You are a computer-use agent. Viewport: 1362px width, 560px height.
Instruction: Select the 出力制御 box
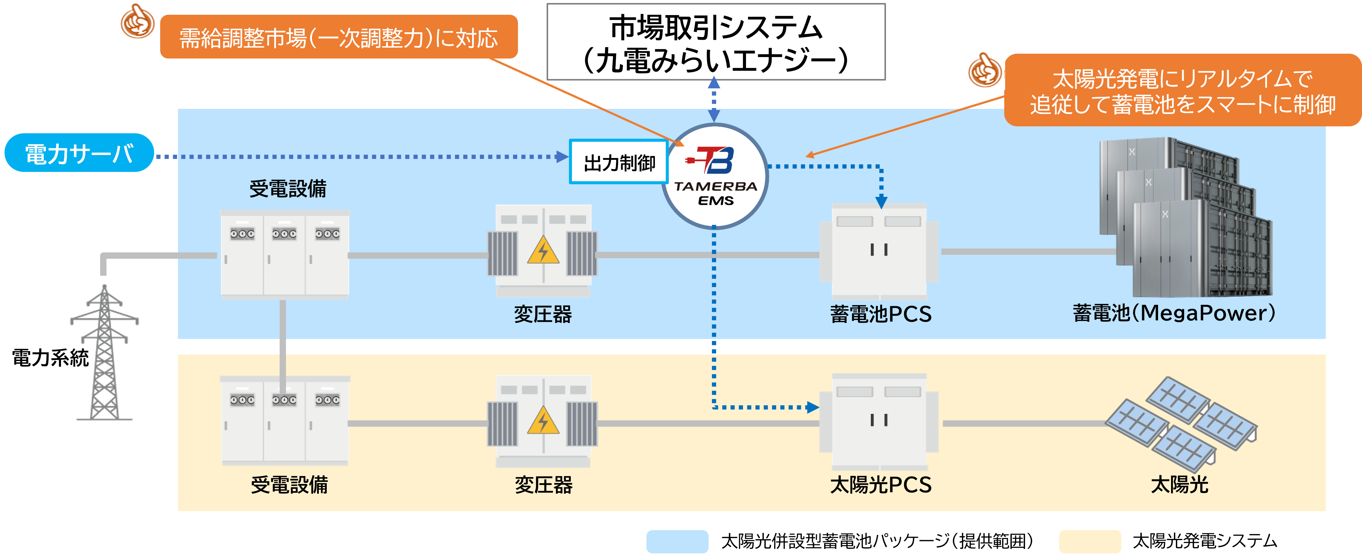click(619, 162)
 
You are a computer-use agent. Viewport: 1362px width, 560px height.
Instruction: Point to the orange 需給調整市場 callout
click(338, 37)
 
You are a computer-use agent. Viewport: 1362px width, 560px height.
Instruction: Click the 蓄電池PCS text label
click(880, 314)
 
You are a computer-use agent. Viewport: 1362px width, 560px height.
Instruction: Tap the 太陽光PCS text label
click(880, 484)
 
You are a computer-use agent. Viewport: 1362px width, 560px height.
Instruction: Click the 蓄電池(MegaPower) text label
click(1174, 313)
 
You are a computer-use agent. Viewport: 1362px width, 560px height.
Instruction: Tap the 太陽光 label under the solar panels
click(1179, 484)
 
